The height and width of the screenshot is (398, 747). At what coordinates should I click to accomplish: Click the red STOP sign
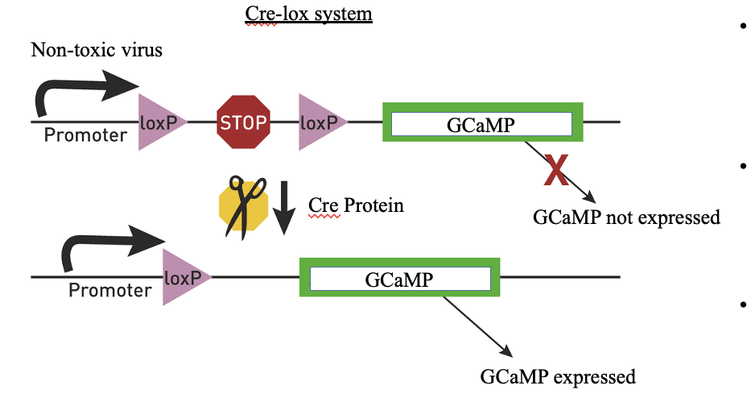(x=243, y=122)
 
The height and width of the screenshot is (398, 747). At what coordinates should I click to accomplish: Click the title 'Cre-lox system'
(x=308, y=14)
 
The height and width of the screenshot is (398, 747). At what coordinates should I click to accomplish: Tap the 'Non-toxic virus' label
(x=97, y=50)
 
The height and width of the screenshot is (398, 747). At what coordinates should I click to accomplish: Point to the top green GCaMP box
(x=481, y=124)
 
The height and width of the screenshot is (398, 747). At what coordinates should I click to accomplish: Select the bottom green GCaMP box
(x=399, y=279)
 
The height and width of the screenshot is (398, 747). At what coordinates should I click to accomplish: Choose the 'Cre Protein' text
(x=356, y=205)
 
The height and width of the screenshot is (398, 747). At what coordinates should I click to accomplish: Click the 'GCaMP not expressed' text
(x=626, y=218)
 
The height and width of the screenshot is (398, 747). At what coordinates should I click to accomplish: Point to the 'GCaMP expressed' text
(x=558, y=376)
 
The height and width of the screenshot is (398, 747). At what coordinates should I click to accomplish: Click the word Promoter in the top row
(x=85, y=135)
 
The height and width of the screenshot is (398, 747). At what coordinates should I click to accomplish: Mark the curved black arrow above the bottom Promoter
(x=109, y=248)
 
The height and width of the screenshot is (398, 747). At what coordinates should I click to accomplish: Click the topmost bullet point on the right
(x=741, y=26)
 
